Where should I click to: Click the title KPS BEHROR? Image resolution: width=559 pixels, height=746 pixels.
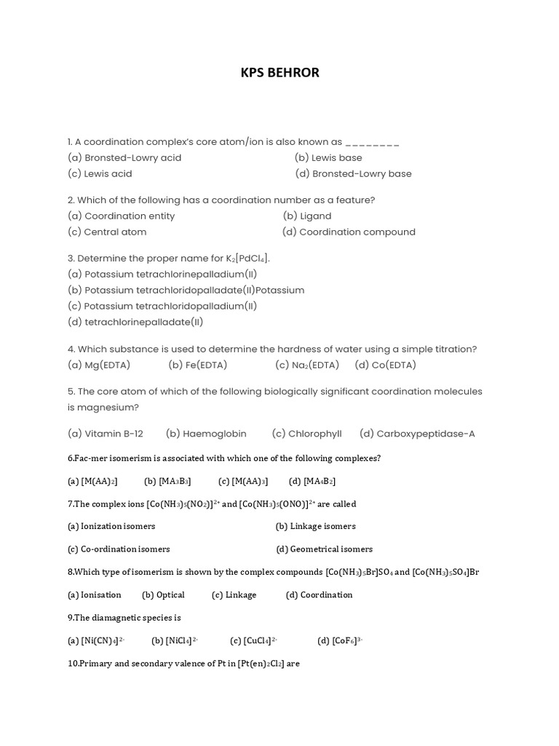pos(279,73)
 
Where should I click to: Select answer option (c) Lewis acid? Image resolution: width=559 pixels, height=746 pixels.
pos(100,173)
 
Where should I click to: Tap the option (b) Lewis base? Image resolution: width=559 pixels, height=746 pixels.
pos(328,157)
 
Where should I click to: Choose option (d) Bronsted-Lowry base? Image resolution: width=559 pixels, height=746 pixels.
pos(353,173)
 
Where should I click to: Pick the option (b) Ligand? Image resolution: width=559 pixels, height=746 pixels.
pos(307,216)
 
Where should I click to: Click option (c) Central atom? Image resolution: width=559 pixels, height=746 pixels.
pos(107,232)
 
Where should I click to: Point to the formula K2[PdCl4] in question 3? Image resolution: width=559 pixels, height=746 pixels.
pos(249,259)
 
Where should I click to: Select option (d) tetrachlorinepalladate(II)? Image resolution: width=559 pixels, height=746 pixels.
pos(135,322)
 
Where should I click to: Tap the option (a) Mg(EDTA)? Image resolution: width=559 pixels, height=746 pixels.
pos(99,365)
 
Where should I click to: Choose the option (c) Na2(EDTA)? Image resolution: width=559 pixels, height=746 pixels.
pos(307,365)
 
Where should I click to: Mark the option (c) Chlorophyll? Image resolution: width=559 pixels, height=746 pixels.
pos(306,433)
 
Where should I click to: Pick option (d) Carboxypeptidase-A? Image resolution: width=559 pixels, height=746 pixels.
pos(417,433)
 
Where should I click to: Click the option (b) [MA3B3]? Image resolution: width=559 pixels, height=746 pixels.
pos(167,481)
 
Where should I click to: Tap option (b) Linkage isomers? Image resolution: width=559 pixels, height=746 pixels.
pos(316,526)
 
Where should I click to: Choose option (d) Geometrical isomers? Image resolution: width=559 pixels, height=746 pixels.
pos(324,549)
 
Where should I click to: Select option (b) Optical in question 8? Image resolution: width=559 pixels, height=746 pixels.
pos(164,594)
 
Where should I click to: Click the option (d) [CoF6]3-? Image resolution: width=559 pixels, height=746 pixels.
pos(340,640)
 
